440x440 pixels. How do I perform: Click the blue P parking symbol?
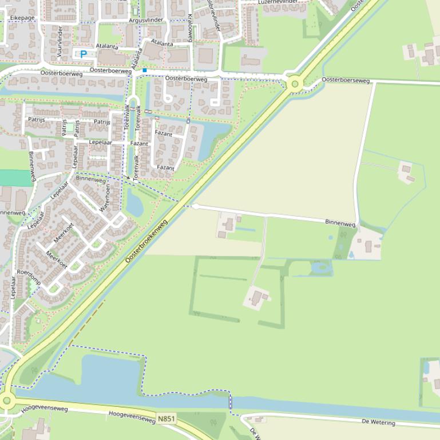[x=84, y=54]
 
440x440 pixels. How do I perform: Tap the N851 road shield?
[x=166, y=419]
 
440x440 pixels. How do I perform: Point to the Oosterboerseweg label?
[x=346, y=80]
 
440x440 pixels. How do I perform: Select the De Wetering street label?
[x=378, y=422]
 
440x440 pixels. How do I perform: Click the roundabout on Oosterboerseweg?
[x=295, y=84]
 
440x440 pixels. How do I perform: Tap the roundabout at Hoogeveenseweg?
[x=6, y=400]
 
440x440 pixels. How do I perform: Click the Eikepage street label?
[x=22, y=18]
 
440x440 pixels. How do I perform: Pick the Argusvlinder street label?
[x=146, y=20]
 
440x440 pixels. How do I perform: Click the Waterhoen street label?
[x=105, y=198]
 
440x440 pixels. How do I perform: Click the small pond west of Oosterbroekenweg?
[x=135, y=203]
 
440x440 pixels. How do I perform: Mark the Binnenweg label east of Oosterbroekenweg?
[x=340, y=223]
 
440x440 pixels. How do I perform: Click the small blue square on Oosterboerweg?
[x=145, y=70]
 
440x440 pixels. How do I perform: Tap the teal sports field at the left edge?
[x=15, y=178]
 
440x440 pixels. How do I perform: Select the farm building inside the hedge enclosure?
[x=257, y=297]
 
